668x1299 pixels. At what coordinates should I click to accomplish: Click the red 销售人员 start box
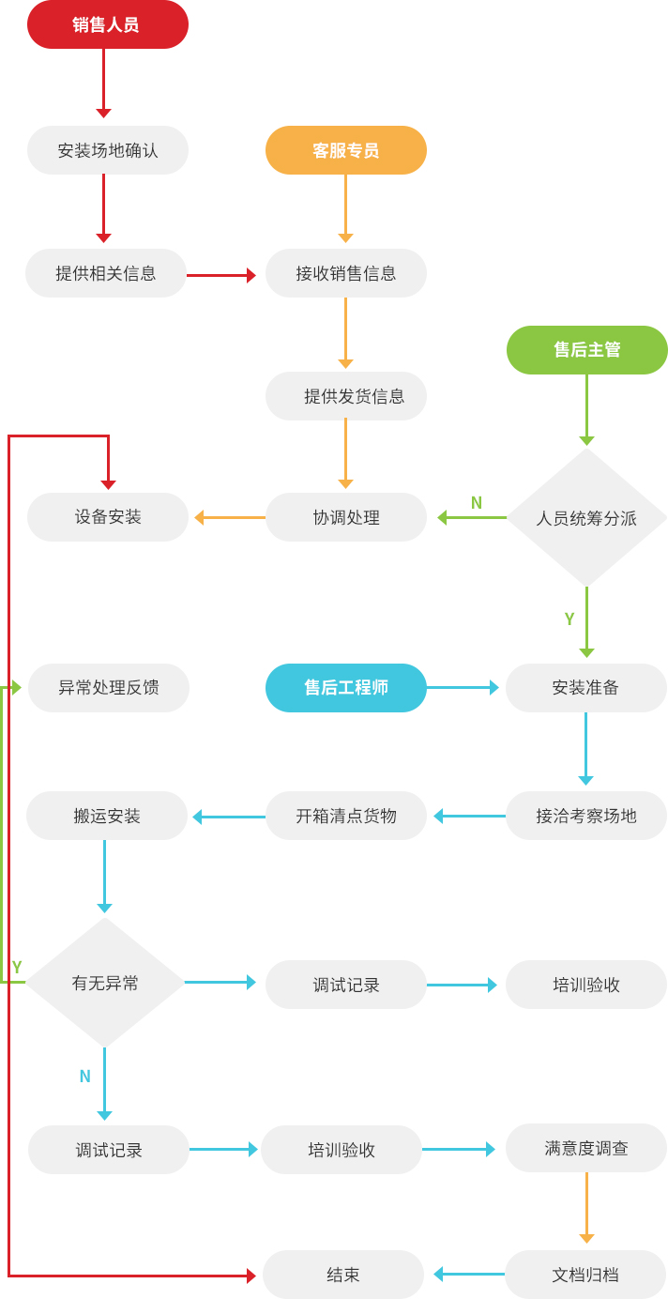107,24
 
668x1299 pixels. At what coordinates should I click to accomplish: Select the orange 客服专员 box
345,150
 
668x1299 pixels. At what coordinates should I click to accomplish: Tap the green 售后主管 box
586,350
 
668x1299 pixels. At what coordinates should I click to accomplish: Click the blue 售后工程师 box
345,688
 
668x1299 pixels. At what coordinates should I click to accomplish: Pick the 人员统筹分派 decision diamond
586,517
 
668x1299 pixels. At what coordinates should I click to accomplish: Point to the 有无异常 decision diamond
104,983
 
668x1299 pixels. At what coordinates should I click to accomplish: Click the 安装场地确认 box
107,150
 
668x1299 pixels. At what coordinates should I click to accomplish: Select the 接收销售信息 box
345,273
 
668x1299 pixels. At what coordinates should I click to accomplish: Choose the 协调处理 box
345,517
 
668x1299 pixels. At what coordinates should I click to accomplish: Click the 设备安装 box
107,517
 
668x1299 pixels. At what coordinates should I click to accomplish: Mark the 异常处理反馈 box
108,688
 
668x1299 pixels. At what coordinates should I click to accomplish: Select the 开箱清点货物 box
345,816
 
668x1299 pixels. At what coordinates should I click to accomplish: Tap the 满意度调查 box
585,1148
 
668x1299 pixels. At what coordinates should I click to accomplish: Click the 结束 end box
342,1275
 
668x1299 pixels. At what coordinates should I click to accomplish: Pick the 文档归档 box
584,1275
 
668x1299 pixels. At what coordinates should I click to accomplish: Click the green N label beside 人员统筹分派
477,503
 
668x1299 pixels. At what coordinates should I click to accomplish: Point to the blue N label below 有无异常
85,1077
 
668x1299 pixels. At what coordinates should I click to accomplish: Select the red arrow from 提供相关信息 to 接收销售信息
220,275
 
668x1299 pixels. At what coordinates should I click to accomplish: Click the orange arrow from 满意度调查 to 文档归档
586,1207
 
